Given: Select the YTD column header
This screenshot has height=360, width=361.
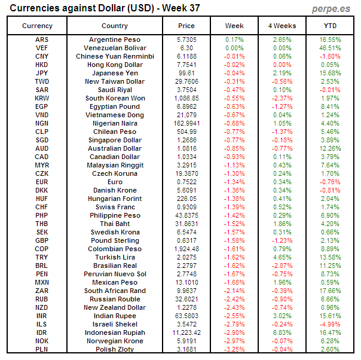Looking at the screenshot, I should click(329, 26).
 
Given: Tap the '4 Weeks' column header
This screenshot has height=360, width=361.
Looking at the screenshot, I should click(282, 26).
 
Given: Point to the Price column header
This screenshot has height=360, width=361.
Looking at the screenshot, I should click(186, 26).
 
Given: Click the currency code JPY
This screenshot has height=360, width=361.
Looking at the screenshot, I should click(42, 73).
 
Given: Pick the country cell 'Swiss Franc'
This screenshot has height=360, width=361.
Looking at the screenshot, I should click(115, 207).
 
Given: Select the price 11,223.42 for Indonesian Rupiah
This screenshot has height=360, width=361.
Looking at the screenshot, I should click(186, 332).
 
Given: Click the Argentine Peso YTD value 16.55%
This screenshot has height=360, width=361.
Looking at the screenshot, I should click(329, 39).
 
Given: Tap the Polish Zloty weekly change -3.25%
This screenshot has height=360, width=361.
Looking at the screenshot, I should click(234, 349).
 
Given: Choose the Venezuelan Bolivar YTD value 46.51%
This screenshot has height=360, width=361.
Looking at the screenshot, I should click(329, 48).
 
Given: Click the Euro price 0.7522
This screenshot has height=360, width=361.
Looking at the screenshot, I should click(186, 182).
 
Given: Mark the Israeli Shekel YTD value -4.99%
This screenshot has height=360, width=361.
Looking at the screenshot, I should click(329, 324).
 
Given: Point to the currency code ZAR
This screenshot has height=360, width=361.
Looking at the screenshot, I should click(42, 291).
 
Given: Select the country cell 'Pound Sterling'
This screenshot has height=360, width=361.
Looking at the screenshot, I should click(115, 240).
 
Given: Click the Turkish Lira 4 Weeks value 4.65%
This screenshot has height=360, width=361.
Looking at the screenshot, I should click(282, 257).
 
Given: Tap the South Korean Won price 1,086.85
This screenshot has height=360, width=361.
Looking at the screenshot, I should click(186, 98).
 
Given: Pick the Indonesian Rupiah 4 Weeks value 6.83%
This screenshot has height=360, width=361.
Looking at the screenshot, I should click(282, 332).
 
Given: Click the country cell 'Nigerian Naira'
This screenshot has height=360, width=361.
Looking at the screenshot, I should click(115, 123).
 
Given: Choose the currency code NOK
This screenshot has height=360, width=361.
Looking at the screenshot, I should click(42, 341).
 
